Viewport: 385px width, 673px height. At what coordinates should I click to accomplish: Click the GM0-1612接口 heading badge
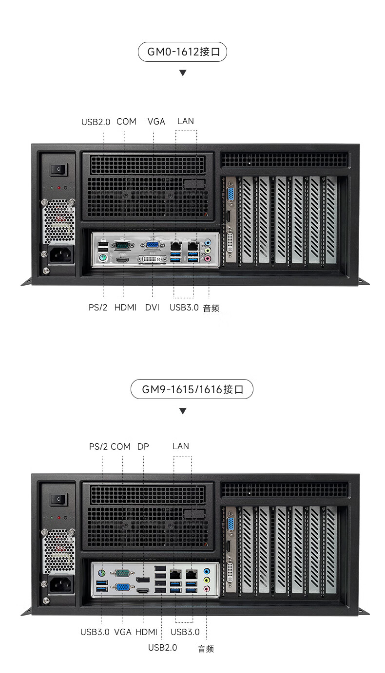(182, 52)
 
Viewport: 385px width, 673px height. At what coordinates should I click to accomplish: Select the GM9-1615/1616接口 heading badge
(192, 389)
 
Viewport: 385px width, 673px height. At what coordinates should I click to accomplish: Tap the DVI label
(152, 308)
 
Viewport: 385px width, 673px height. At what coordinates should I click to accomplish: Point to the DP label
(143, 446)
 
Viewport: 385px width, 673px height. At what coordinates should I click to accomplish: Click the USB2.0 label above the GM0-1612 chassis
(96, 122)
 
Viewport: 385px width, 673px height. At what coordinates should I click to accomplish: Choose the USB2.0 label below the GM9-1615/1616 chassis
(162, 647)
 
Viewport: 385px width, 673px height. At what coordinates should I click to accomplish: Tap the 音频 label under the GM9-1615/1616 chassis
(206, 649)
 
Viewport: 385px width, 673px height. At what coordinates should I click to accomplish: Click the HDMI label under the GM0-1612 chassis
(125, 308)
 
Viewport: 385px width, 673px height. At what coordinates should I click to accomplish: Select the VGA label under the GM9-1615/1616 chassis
(123, 632)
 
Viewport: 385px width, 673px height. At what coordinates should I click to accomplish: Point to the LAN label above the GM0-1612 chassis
(186, 121)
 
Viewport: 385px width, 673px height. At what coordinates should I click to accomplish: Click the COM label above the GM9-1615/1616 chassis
(120, 446)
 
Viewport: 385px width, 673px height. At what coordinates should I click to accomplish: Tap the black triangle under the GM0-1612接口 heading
(183, 73)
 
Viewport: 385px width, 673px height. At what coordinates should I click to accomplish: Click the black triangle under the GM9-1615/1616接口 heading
(183, 411)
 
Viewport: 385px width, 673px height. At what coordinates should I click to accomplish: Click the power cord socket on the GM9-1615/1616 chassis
(61, 583)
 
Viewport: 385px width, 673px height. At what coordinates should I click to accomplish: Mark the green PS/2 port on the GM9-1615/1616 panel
(101, 573)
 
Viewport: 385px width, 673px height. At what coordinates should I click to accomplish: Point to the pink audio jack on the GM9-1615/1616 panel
(207, 589)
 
